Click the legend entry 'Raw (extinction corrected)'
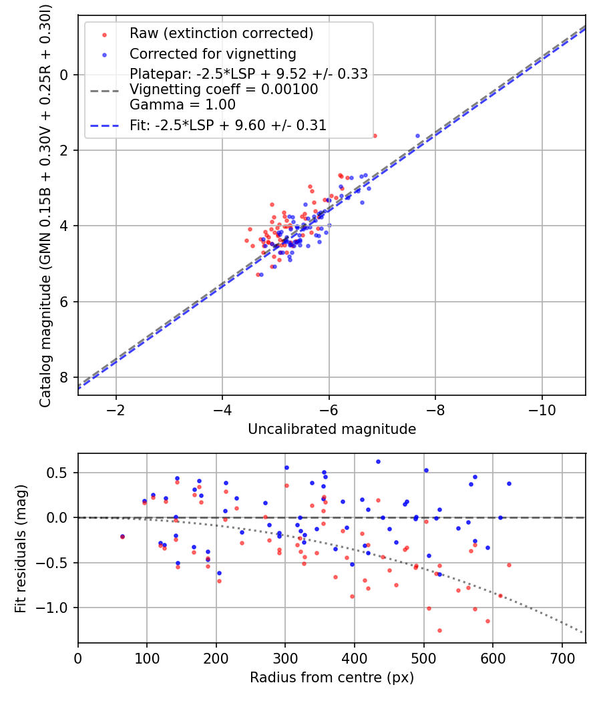tap(221, 33)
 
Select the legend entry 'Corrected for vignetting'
tap(213, 53)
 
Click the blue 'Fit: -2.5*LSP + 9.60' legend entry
tap(228, 125)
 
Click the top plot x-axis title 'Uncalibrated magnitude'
tap(332, 429)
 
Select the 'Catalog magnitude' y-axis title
tap(45, 204)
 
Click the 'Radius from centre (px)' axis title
tap(332, 678)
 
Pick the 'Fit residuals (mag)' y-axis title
tap(21, 548)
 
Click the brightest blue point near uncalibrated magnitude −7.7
tap(418, 136)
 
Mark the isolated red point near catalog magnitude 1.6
tap(375, 136)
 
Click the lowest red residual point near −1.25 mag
tap(439, 630)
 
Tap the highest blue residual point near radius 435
tap(378, 461)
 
